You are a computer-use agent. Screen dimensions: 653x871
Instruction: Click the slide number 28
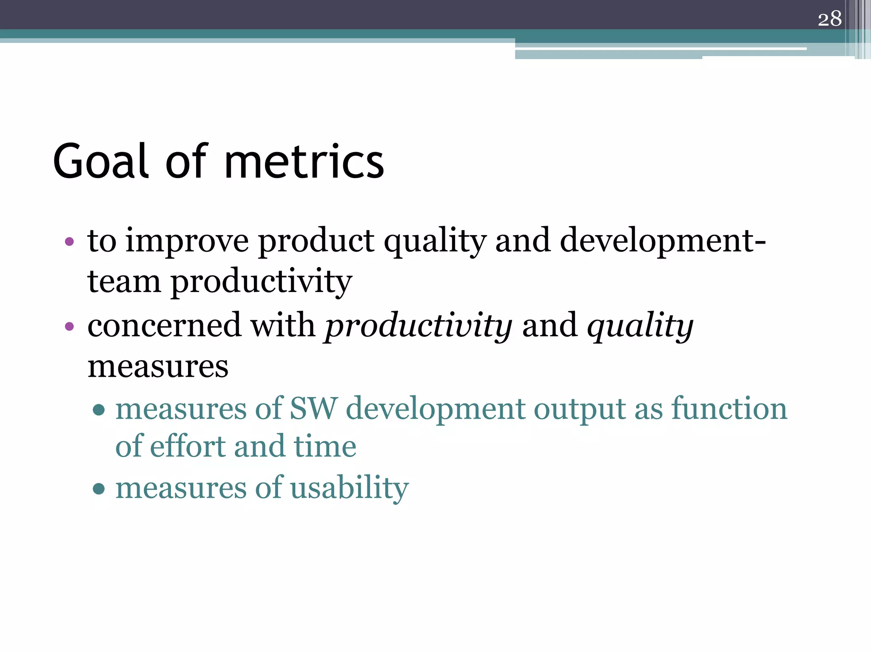(829, 19)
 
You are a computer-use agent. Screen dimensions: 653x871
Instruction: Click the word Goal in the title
(101, 162)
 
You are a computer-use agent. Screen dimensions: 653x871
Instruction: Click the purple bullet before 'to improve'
(69, 242)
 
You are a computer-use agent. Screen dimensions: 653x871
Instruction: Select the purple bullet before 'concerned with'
(69, 327)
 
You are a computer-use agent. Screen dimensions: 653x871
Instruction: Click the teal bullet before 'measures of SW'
(99, 410)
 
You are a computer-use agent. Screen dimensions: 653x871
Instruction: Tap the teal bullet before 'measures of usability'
(99, 488)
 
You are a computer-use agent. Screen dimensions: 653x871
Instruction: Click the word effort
(187, 447)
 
